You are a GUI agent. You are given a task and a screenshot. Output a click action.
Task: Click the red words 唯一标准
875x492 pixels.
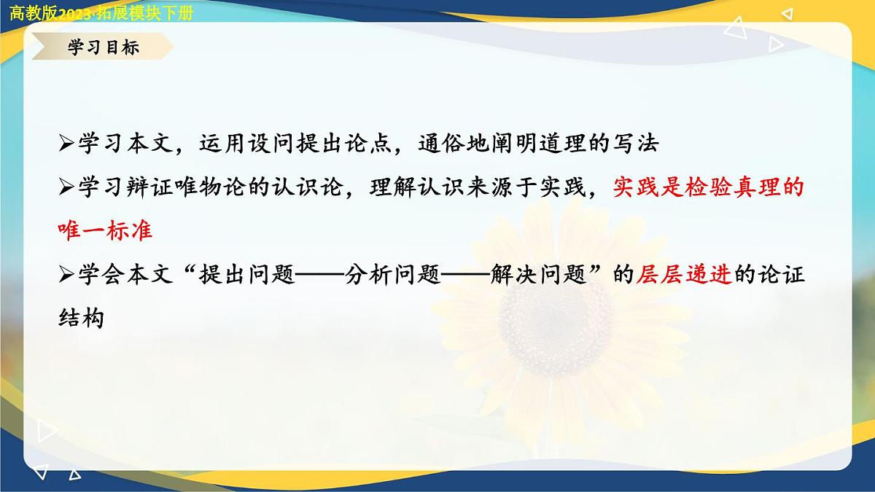105,230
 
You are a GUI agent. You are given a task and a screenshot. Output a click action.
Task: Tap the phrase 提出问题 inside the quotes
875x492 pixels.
246,275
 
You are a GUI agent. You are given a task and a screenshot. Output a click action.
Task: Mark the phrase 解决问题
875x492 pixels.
538,275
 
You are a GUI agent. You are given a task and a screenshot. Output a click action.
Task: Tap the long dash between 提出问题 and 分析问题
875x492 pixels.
319,275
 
